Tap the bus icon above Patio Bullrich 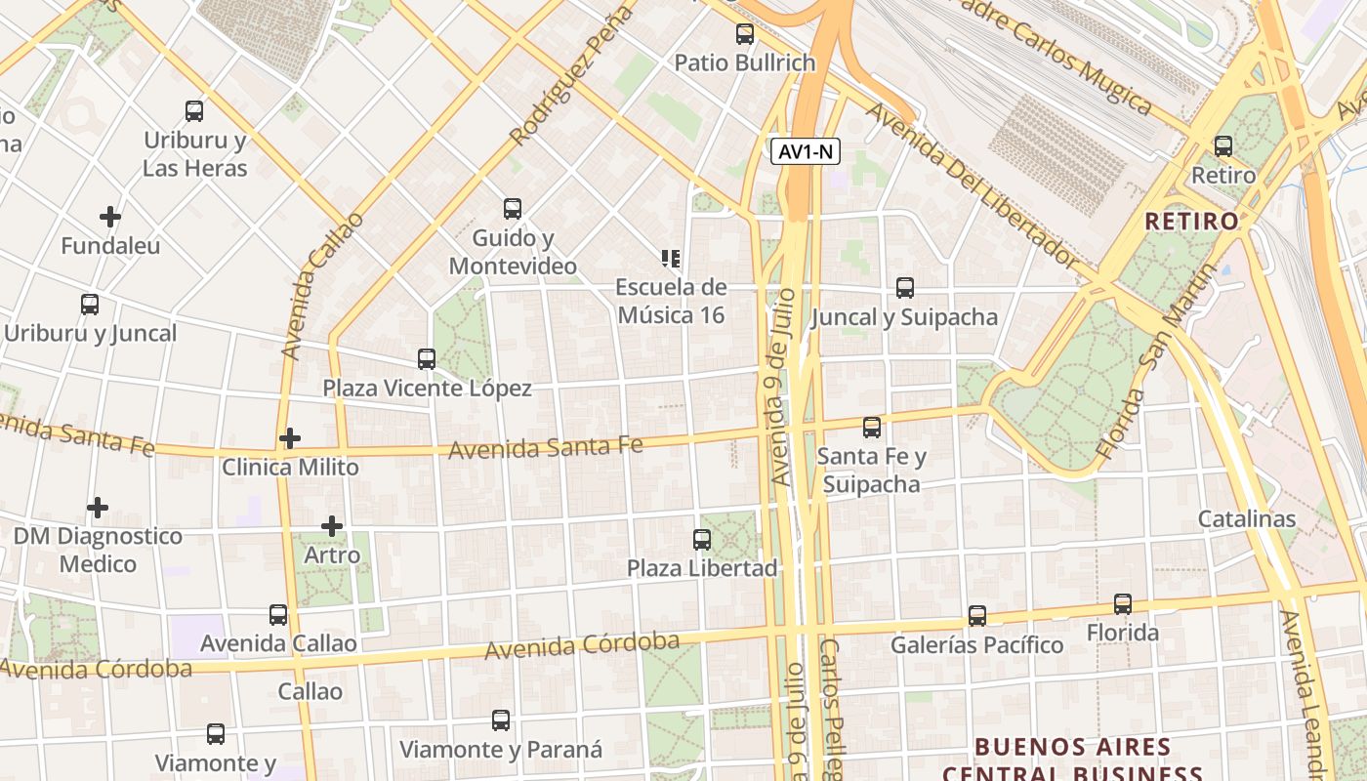[x=745, y=34]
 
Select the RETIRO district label [x=1191, y=222]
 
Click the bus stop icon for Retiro [x=1223, y=146]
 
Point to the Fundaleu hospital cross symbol [x=110, y=216]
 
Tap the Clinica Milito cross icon [x=289, y=438]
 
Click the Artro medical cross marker [x=332, y=526]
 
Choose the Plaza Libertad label [x=702, y=568]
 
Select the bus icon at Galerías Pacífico [x=977, y=616]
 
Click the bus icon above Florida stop [x=1123, y=604]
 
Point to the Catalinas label [x=1247, y=518]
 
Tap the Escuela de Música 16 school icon [x=671, y=259]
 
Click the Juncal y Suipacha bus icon [x=905, y=288]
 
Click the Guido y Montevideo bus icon [x=513, y=208]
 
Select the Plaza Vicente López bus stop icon [x=427, y=358]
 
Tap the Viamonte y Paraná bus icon [x=501, y=720]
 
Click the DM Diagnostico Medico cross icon [x=98, y=508]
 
